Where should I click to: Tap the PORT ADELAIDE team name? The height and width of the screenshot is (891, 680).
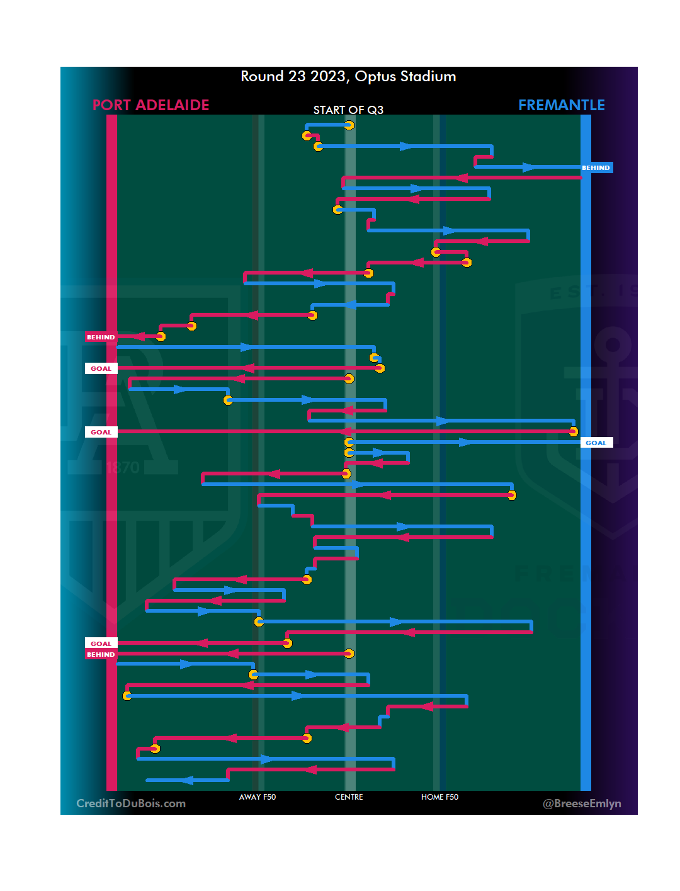click(x=150, y=105)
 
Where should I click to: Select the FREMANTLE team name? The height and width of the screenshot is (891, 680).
click(x=561, y=105)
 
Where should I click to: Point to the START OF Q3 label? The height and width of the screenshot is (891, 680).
click(x=348, y=110)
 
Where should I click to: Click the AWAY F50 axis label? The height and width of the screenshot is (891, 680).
click(x=258, y=797)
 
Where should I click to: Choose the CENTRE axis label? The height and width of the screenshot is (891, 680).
click(x=349, y=797)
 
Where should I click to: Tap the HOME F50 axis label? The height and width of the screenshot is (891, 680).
click(x=439, y=797)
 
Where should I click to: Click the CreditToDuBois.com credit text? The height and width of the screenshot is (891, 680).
click(x=131, y=803)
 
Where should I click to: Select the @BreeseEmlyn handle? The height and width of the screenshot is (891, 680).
click(x=582, y=803)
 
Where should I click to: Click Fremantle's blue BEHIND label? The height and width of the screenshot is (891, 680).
click(x=596, y=168)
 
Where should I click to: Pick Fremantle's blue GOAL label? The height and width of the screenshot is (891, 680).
click(x=596, y=443)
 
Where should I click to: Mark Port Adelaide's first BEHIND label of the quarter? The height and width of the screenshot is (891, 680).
click(x=101, y=338)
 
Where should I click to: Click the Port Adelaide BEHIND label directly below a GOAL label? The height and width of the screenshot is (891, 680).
click(x=101, y=655)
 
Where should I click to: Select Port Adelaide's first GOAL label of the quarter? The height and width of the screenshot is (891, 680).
click(x=101, y=369)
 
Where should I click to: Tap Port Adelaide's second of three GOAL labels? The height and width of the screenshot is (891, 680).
click(x=101, y=433)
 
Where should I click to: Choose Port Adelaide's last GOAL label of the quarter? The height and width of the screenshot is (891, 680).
click(x=101, y=644)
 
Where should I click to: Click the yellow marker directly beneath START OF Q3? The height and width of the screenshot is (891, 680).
click(x=349, y=125)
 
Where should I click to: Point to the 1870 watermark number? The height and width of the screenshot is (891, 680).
click(x=122, y=467)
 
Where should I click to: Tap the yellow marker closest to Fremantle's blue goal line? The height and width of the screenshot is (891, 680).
click(x=573, y=431)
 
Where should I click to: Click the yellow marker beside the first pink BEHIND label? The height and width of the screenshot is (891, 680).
click(x=161, y=337)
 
